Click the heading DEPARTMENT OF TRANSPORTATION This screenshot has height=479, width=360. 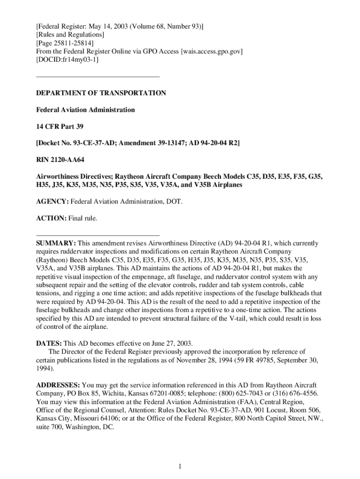[x=101, y=93]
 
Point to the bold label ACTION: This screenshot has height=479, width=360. [x=51, y=218]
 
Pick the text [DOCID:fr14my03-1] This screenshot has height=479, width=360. [x=67, y=60]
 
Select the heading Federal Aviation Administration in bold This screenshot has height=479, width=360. [x=86, y=110]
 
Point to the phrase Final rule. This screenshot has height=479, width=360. [x=83, y=218]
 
